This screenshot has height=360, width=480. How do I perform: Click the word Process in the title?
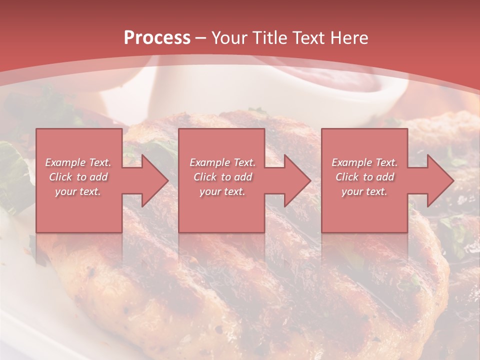[x=157, y=38]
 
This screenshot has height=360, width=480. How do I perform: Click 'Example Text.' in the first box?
[x=78, y=162]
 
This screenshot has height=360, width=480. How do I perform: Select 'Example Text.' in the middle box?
[x=222, y=162]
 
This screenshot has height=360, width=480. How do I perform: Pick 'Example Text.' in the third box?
[x=364, y=162]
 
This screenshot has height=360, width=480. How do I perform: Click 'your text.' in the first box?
[x=78, y=191]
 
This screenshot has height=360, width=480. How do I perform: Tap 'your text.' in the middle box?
[x=222, y=191]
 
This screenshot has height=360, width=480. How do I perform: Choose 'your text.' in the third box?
[x=364, y=191]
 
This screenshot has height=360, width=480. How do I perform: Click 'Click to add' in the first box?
[x=78, y=177]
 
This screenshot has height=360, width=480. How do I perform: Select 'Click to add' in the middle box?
[x=222, y=177]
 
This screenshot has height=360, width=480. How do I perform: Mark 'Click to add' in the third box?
[x=364, y=177]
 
